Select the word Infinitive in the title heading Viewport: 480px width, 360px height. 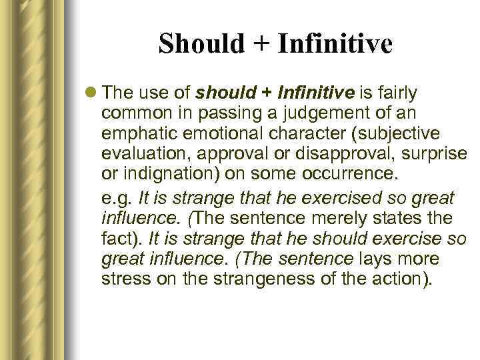[x=335, y=45]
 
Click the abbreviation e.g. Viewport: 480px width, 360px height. [x=115, y=199]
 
